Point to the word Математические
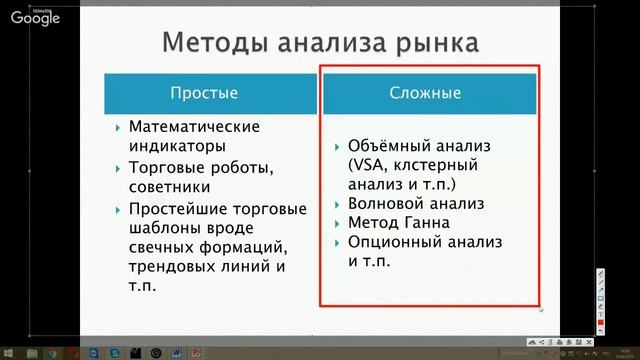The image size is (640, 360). tap(195, 127)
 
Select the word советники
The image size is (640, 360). tap(169, 186)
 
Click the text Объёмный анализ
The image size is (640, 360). tap(414, 146)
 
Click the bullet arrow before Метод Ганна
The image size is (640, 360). tap(336, 222)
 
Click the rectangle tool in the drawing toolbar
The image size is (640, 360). tap(600, 298)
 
